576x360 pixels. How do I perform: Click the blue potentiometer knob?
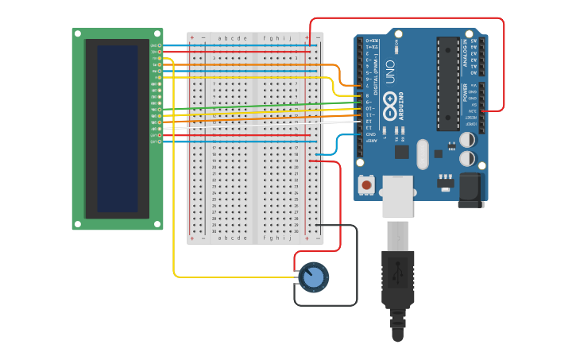point(314,277)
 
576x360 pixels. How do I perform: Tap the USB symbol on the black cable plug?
point(397,273)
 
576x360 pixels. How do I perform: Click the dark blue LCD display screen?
point(117,129)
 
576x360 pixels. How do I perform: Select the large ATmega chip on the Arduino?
point(447,83)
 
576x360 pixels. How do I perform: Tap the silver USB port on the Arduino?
point(397,195)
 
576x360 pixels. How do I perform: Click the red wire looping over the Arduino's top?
point(405,18)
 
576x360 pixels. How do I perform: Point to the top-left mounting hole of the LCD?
point(77,34)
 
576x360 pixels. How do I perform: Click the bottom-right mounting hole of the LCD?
point(158,224)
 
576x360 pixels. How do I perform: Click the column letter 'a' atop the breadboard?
point(219,37)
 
